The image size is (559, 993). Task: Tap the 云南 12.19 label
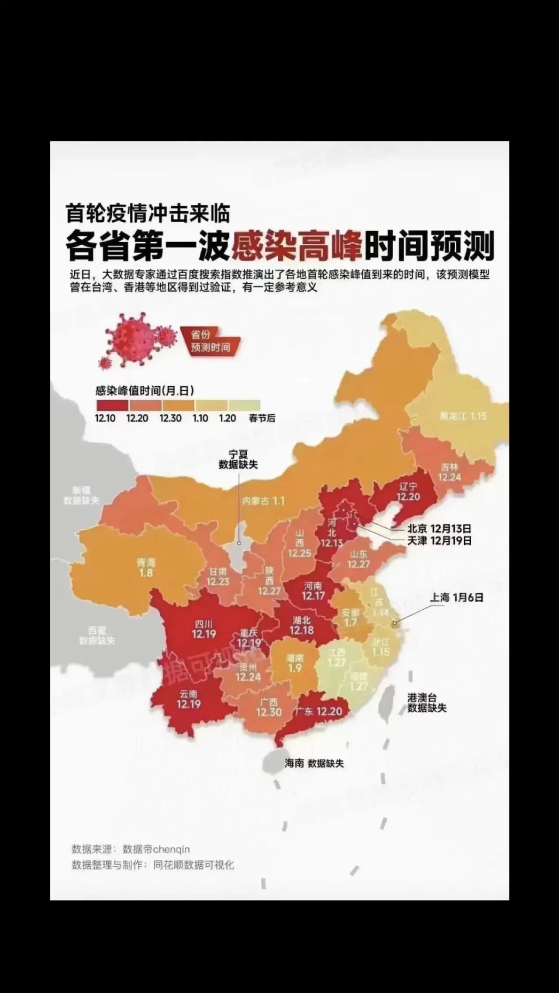coord(189,699)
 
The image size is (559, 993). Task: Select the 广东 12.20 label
coord(318,711)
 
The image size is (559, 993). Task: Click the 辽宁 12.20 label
coord(408,491)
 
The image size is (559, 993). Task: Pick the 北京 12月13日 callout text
coord(439,529)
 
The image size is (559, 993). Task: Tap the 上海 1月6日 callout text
coord(457,598)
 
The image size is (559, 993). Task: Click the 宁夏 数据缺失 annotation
coord(238,460)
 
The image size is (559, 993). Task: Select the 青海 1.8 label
coord(146,567)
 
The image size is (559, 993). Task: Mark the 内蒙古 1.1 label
coord(263,501)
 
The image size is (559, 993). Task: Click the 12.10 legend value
coord(105,418)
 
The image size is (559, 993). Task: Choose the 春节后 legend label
coord(262,418)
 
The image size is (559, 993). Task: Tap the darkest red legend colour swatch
coord(111,405)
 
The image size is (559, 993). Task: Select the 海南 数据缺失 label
coord(314,763)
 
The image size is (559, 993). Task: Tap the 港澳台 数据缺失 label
coord(427,703)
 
